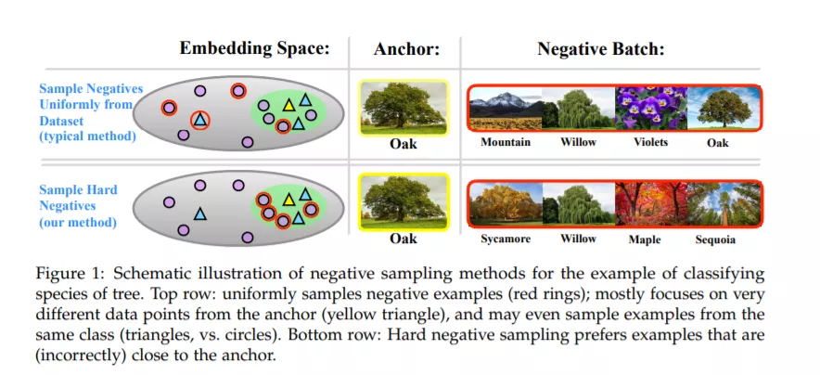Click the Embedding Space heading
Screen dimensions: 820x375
(x=255, y=48)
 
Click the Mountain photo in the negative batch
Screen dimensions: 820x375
(x=506, y=109)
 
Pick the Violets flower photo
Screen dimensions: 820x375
(x=650, y=109)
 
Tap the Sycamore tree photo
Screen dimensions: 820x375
(x=506, y=203)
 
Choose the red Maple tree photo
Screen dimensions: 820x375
(x=650, y=203)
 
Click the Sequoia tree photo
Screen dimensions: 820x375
(x=724, y=203)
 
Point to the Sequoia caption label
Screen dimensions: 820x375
(x=715, y=240)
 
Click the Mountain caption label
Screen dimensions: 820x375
(x=506, y=142)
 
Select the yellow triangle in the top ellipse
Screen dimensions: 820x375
(x=288, y=105)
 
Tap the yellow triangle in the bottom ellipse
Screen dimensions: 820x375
(x=288, y=200)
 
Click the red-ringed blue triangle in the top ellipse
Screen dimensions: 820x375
(x=199, y=121)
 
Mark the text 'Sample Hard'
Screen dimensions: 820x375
(x=78, y=189)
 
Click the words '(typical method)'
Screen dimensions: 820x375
(x=88, y=136)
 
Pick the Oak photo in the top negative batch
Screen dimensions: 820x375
(x=724, y=109)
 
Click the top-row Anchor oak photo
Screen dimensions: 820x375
(x=404, y=108)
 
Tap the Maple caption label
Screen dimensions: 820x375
(x=645, y=240)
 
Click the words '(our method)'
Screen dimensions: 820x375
(x=77, y=222)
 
